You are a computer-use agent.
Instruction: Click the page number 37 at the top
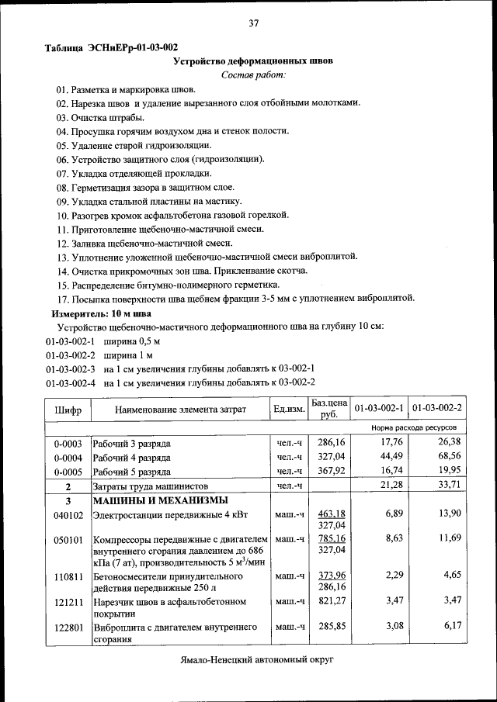point(253,23)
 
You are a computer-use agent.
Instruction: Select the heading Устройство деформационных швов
point(253,61)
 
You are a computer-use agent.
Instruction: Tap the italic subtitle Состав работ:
point(253,74)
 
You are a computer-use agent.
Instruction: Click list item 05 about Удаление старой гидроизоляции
point(133,145)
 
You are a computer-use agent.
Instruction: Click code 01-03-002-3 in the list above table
point(70,368)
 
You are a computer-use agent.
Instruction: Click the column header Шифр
point(68,409)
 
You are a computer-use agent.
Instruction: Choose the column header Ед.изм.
point(288,409)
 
